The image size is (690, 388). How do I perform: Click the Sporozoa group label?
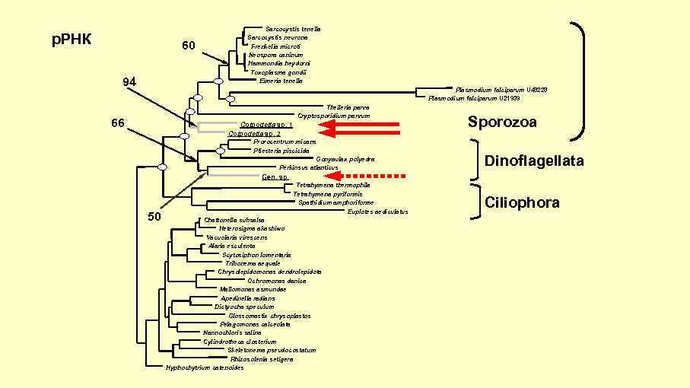503,122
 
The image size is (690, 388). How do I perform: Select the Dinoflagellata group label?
534,161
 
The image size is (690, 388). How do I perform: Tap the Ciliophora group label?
522,202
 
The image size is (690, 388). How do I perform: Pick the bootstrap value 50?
154,217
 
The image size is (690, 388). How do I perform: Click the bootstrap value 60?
189,46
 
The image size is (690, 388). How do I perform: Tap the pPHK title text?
72,39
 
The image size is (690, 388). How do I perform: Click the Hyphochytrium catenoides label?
205,368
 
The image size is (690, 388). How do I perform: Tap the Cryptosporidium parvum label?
334,116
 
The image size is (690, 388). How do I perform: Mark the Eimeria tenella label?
281,81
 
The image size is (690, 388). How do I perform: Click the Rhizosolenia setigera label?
266,359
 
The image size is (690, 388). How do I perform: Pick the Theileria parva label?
348,107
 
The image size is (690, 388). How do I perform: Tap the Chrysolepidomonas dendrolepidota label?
269,272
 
